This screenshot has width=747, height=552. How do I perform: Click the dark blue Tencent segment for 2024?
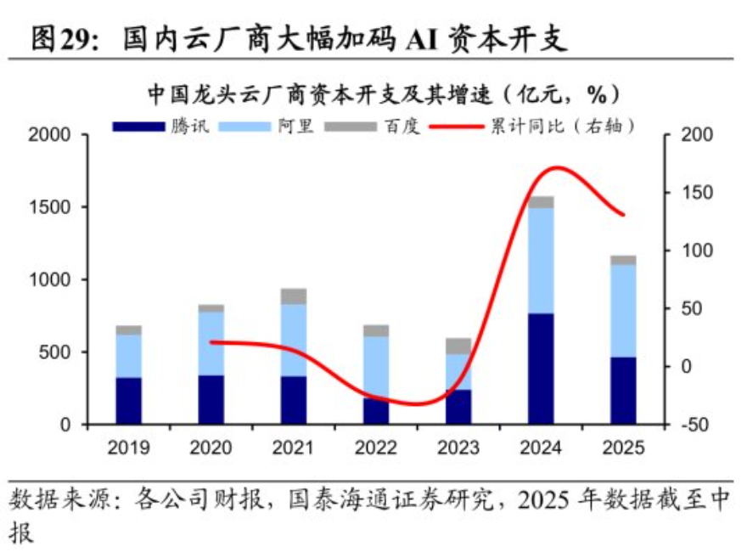[x=541, y=368]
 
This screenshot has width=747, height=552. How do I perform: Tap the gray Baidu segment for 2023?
[x=458, y=346]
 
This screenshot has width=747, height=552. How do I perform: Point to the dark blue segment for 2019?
[x=129, y=400]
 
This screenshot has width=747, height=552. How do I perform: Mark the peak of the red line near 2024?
[x=555, y=167]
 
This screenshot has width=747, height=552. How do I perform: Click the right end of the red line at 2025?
[x=624, y=215]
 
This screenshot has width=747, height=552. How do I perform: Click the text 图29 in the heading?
[x=61, y=38]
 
